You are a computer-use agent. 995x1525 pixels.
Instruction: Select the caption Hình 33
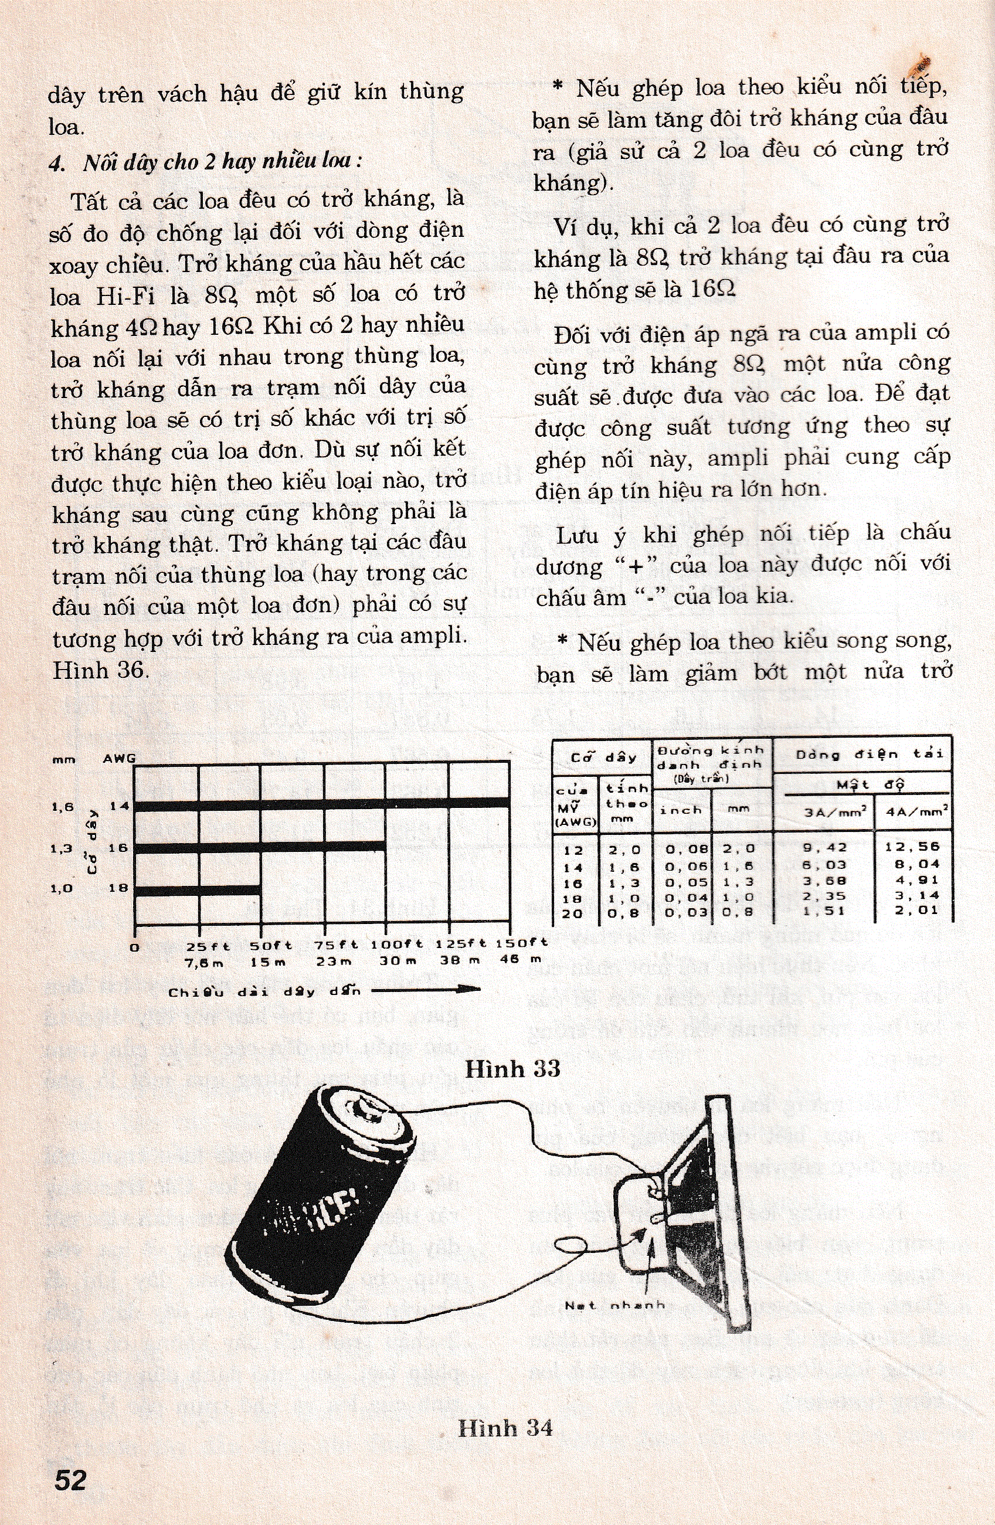(x=512, y=1068)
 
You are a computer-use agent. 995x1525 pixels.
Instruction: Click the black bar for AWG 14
(x=322, y=803)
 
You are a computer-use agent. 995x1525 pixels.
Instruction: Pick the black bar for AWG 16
(x=260, y=847)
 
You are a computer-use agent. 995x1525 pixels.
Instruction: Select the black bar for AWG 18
(x=198, y=890)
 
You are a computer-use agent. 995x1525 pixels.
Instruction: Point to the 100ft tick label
(x=396, y=944)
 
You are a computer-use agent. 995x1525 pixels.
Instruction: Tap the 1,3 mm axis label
(x=61, y=848)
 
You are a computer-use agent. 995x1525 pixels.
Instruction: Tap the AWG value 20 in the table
(x=572, y=912)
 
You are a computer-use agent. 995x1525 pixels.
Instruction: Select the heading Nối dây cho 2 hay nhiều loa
(x=206, y=161)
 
